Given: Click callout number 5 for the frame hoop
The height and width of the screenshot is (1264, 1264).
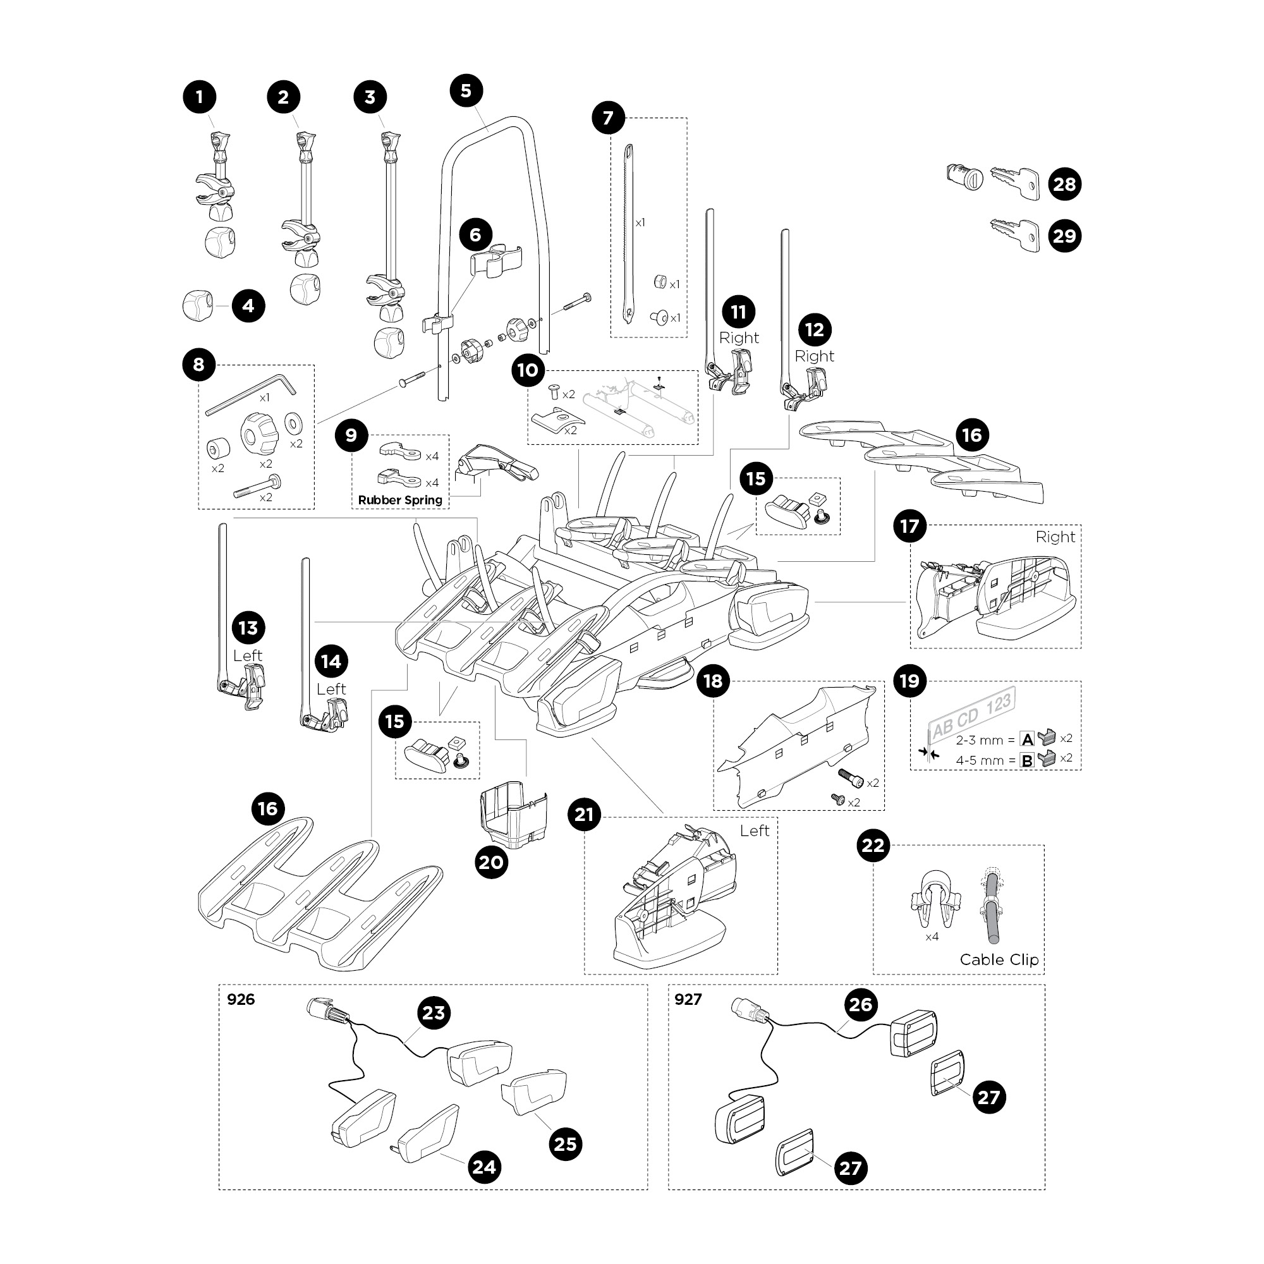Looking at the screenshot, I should click(466, 91).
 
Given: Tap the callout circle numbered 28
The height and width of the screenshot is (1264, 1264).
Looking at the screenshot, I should click(1064, 185).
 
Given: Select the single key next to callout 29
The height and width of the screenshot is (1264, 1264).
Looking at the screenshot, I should click(1015, 235).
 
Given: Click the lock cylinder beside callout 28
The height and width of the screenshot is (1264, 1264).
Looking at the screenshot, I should click(964, 177).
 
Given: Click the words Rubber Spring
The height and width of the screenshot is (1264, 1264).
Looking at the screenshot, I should click(400, 501).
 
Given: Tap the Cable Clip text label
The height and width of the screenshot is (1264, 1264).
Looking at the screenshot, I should click(999, 960).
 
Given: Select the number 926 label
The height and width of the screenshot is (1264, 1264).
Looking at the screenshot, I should click(241, 1000).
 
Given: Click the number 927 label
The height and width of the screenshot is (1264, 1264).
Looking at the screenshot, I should click(688, 1000).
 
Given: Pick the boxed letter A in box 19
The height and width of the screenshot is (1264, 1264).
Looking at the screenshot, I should click(1027, 739).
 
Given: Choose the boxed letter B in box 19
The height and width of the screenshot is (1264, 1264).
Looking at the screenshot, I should click(1027, 760).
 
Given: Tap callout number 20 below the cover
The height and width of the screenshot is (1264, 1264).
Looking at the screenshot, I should click(491, 862).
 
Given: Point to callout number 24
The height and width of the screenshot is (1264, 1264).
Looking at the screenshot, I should click(484, 1167).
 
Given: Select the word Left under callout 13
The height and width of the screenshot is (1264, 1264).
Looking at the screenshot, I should click(247, 655).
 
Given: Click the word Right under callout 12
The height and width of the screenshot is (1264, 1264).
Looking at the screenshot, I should click(814, 356).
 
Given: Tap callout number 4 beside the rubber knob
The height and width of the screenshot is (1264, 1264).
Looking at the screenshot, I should click(248, 305).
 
